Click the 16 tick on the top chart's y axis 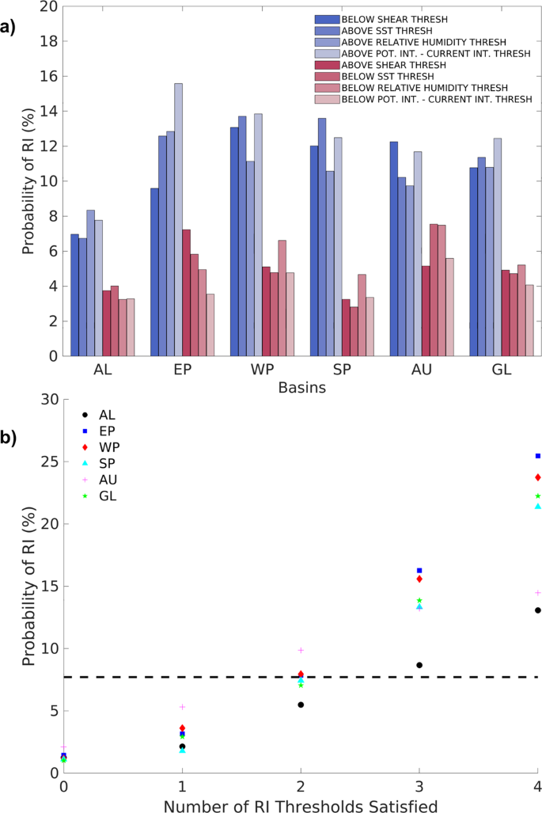[x=48, y=76]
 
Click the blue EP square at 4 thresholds [x=538, y=456]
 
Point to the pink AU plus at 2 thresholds [x=301, y=650]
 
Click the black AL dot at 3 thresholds [x=419, y=665]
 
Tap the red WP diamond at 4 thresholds [x=538, y=477]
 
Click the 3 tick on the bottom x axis [x=419, y=787]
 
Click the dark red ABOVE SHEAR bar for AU [x=426, y=310]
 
